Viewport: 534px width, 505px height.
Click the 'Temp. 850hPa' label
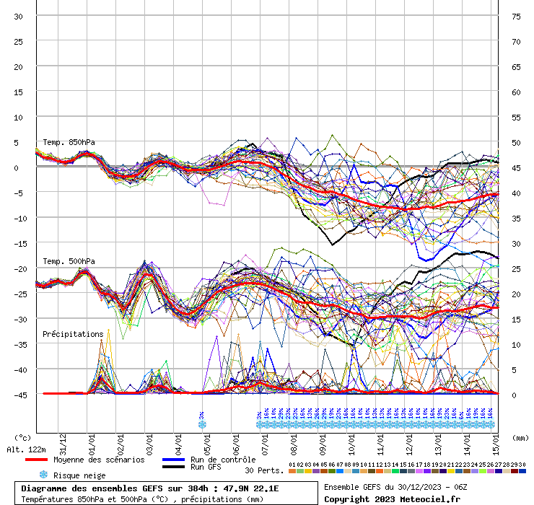click(x=69, y=142)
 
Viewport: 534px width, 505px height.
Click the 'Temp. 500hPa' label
click(x=69, y=261)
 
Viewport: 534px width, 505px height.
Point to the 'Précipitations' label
click(x=73, y=334)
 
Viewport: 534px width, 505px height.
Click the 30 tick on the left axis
click(x=19, y=16)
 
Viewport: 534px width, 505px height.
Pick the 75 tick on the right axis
click(x=516, y=16)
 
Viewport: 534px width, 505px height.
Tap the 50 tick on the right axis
click(x=516, y=142)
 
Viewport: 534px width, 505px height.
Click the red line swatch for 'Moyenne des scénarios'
click(x=35, y=460)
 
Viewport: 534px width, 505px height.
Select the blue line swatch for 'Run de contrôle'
click(x=173, y=460)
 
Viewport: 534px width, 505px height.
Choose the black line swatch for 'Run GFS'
click(x=173, y=467)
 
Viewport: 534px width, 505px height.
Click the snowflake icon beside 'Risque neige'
click(x=43, y=475)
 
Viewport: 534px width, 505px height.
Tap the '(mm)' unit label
click(x=519, y=437)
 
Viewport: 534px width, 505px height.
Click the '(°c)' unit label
click(x=23, y=437)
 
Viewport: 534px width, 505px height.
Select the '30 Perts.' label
click(x=264, y=470)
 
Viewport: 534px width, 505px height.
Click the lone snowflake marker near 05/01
click(x=202, y=424)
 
